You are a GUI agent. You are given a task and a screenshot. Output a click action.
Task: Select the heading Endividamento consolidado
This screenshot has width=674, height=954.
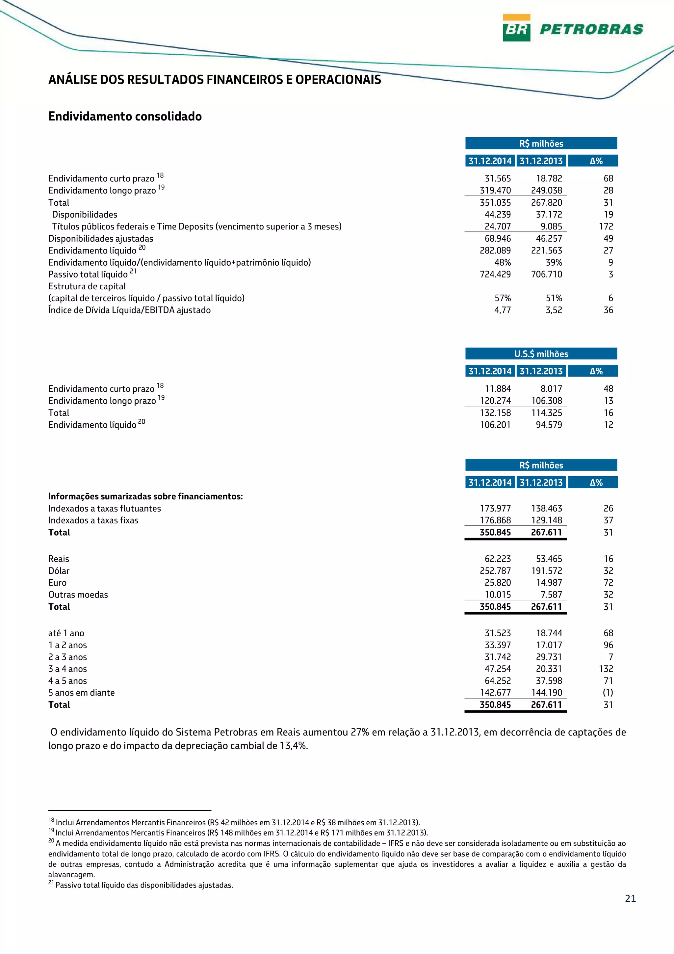click(x=125, y=116)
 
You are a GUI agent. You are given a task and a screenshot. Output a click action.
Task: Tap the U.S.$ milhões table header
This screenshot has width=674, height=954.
click(x=541, y=354)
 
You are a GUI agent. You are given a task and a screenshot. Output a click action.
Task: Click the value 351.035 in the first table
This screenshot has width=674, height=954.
click(x=495, y=203)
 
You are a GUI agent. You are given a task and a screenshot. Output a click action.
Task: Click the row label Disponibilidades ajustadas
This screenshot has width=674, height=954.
click(x=100, y=238)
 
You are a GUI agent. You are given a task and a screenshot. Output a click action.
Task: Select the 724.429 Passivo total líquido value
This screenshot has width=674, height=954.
click(x=495, y=274)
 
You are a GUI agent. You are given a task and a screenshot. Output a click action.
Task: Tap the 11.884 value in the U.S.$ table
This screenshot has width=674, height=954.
click(x=498, y=389)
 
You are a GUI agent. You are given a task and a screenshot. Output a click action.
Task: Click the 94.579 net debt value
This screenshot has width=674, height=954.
click(x=549, y=425)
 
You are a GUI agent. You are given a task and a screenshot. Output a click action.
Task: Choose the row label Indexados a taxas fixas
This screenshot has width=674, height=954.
click(x=93, y=520)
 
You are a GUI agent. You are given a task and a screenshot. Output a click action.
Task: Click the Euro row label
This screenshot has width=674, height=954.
click(x=57, y=583)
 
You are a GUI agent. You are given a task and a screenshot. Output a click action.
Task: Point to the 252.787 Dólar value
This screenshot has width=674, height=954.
click(x=495, y=571)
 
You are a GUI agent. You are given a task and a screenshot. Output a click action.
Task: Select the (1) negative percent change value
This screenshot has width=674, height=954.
click(x=608, y=693)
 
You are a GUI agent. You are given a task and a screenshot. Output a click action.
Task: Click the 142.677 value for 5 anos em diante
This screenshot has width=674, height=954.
click(x=495, y=693)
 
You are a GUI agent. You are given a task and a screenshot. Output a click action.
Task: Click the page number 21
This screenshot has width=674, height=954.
click(x=630, y=899)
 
